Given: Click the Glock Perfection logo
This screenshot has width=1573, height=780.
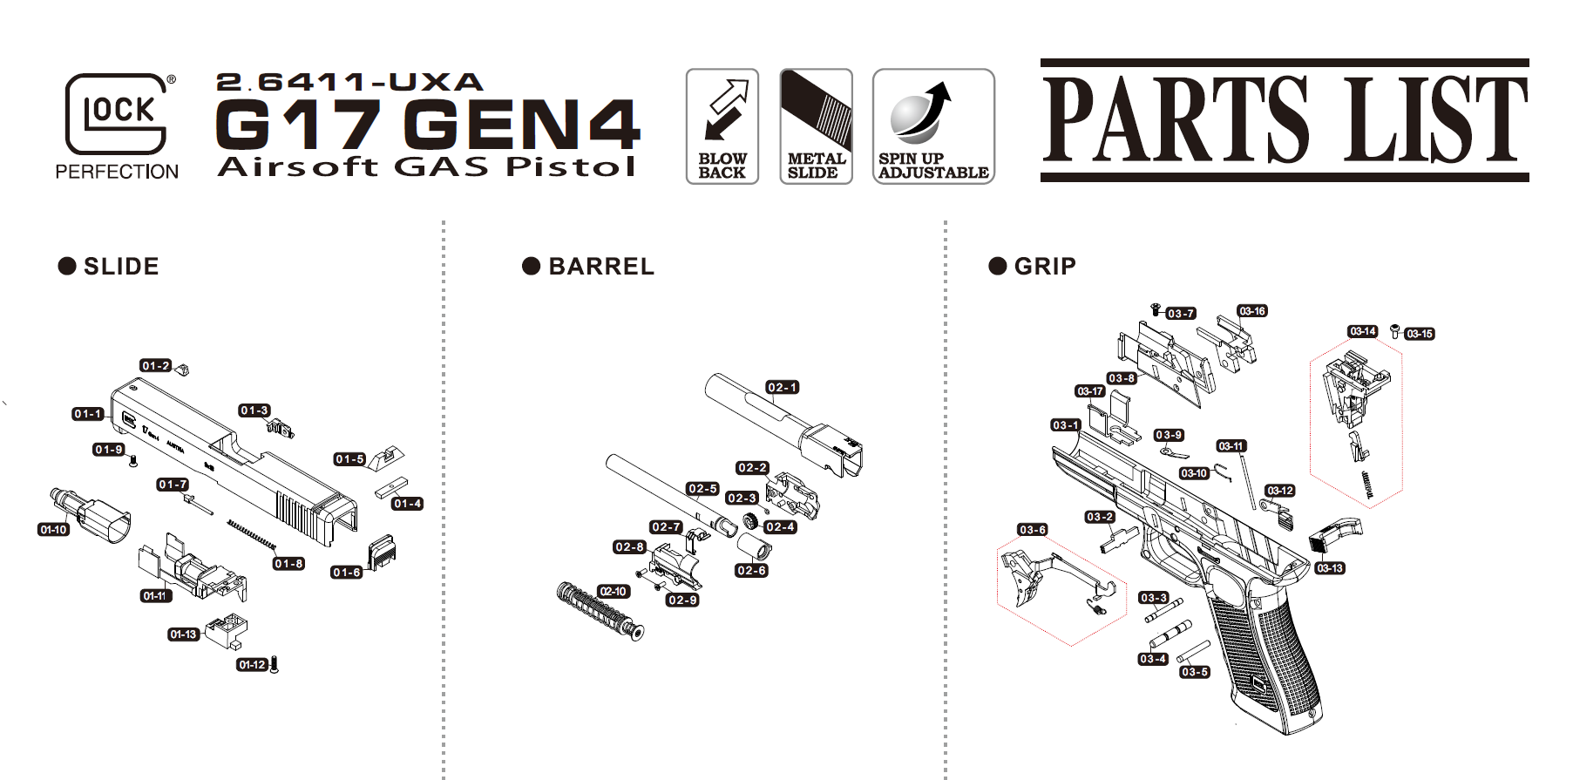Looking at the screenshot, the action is pyautogui.click(x=117, y=126).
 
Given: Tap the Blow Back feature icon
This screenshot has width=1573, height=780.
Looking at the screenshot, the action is pyautogui.click(x=722, y=126).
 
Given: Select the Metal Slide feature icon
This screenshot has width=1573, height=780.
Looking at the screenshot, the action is pyautogui.click(x=816, y=126).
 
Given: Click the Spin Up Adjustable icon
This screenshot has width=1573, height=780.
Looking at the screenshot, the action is pyautogui.click(x=933, y=126).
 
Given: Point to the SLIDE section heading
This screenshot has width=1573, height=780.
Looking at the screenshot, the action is pyautogui.click(x=109, y=266).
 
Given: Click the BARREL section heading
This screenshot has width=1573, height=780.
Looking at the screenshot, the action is pyautogui.click(x=588, y=266).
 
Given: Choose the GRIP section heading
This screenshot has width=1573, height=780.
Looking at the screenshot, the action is pyautogui.click(x=1033, y=266).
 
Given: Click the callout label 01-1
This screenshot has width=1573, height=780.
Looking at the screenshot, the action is pyautogui.click(x=88, y=414).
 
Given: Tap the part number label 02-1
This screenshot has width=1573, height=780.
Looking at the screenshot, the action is pyautogui.click(x=782, y=387).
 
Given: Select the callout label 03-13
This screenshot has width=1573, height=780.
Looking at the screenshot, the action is pyautogui.click(x=1330, y=568).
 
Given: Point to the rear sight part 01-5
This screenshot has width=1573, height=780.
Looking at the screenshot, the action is pyautogui.click(x=383, y=458).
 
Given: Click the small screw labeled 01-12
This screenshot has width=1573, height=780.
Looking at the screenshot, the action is pyautogui.click(x=275, y=665).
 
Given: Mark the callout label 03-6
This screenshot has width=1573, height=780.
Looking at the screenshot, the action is pyautogui.click(x=1033, y=530).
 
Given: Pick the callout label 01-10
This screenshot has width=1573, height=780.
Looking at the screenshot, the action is pyautogui.click(x=54, y=529).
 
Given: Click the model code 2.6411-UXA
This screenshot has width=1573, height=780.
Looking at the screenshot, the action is pyautogui.click(x=349, y=82).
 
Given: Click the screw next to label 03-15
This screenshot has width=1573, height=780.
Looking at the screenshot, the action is pyautogui.click(x=1394, y=330).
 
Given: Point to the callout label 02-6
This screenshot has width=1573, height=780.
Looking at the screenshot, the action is pyautogui.click(x=751, y=570).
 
